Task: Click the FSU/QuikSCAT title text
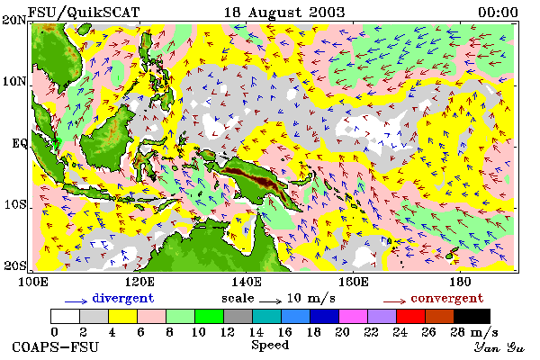click(84, 13)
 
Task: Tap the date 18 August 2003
click(284, 13)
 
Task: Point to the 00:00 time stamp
click(498, 13)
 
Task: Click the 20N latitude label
click(14, 20)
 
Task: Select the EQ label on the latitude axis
click(19, 143)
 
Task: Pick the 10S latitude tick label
click(15, 204)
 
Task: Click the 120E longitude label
click(139, 282)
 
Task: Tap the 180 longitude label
click(461, 282)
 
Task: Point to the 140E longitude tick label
click(247, 282)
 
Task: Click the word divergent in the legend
click(123, 298)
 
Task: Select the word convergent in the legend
click(447, 298)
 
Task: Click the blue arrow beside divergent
click(76, 301)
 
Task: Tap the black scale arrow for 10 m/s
click(270, 301)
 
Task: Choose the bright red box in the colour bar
click(410, 316)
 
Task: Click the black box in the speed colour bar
click(472, 316)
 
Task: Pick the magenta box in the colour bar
click(353, 316)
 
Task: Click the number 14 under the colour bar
click(256, 332)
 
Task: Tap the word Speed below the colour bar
click(270, 346)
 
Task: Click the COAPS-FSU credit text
click(55, 346)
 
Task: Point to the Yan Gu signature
click(499, 347)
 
